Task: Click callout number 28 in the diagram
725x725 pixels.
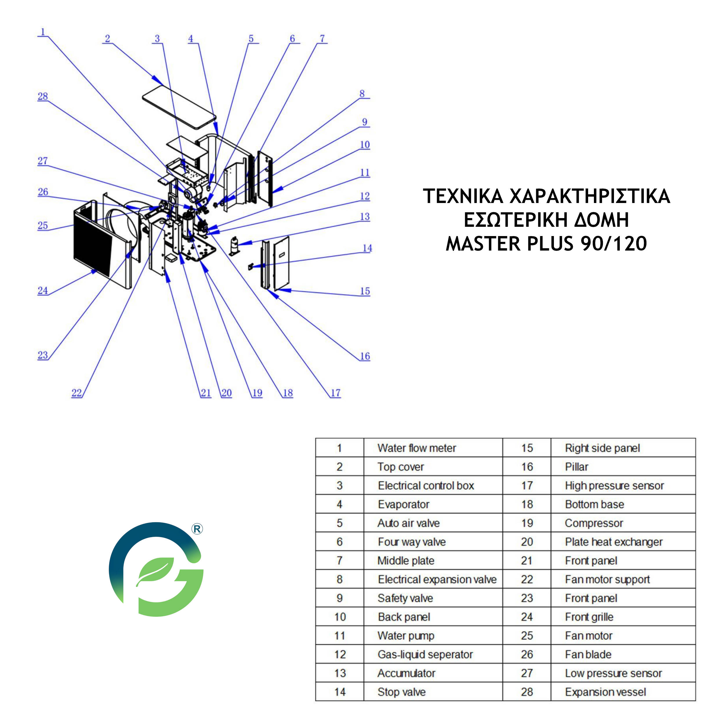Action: tap(43, 97)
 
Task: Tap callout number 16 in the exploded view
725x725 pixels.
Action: tap(365, 356)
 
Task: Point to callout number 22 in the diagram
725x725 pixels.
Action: tap(77, 393)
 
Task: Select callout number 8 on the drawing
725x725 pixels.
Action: tap(362, 93)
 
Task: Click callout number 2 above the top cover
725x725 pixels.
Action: tap(108, 39)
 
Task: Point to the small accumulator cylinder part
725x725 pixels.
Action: tap(235, 246)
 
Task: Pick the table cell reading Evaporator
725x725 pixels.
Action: tap(433, 504)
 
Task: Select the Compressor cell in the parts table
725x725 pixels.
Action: tap(623, 523)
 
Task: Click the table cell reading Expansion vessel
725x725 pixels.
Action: tap(623, 692)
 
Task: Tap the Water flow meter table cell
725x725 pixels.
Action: tap(433, 448)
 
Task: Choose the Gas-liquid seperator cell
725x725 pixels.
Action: tap(433, 654)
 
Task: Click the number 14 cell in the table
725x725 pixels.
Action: tap(340, 692)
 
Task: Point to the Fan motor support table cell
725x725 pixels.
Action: tap(623, 579)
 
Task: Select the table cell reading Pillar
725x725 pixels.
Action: tap(623, 466)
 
